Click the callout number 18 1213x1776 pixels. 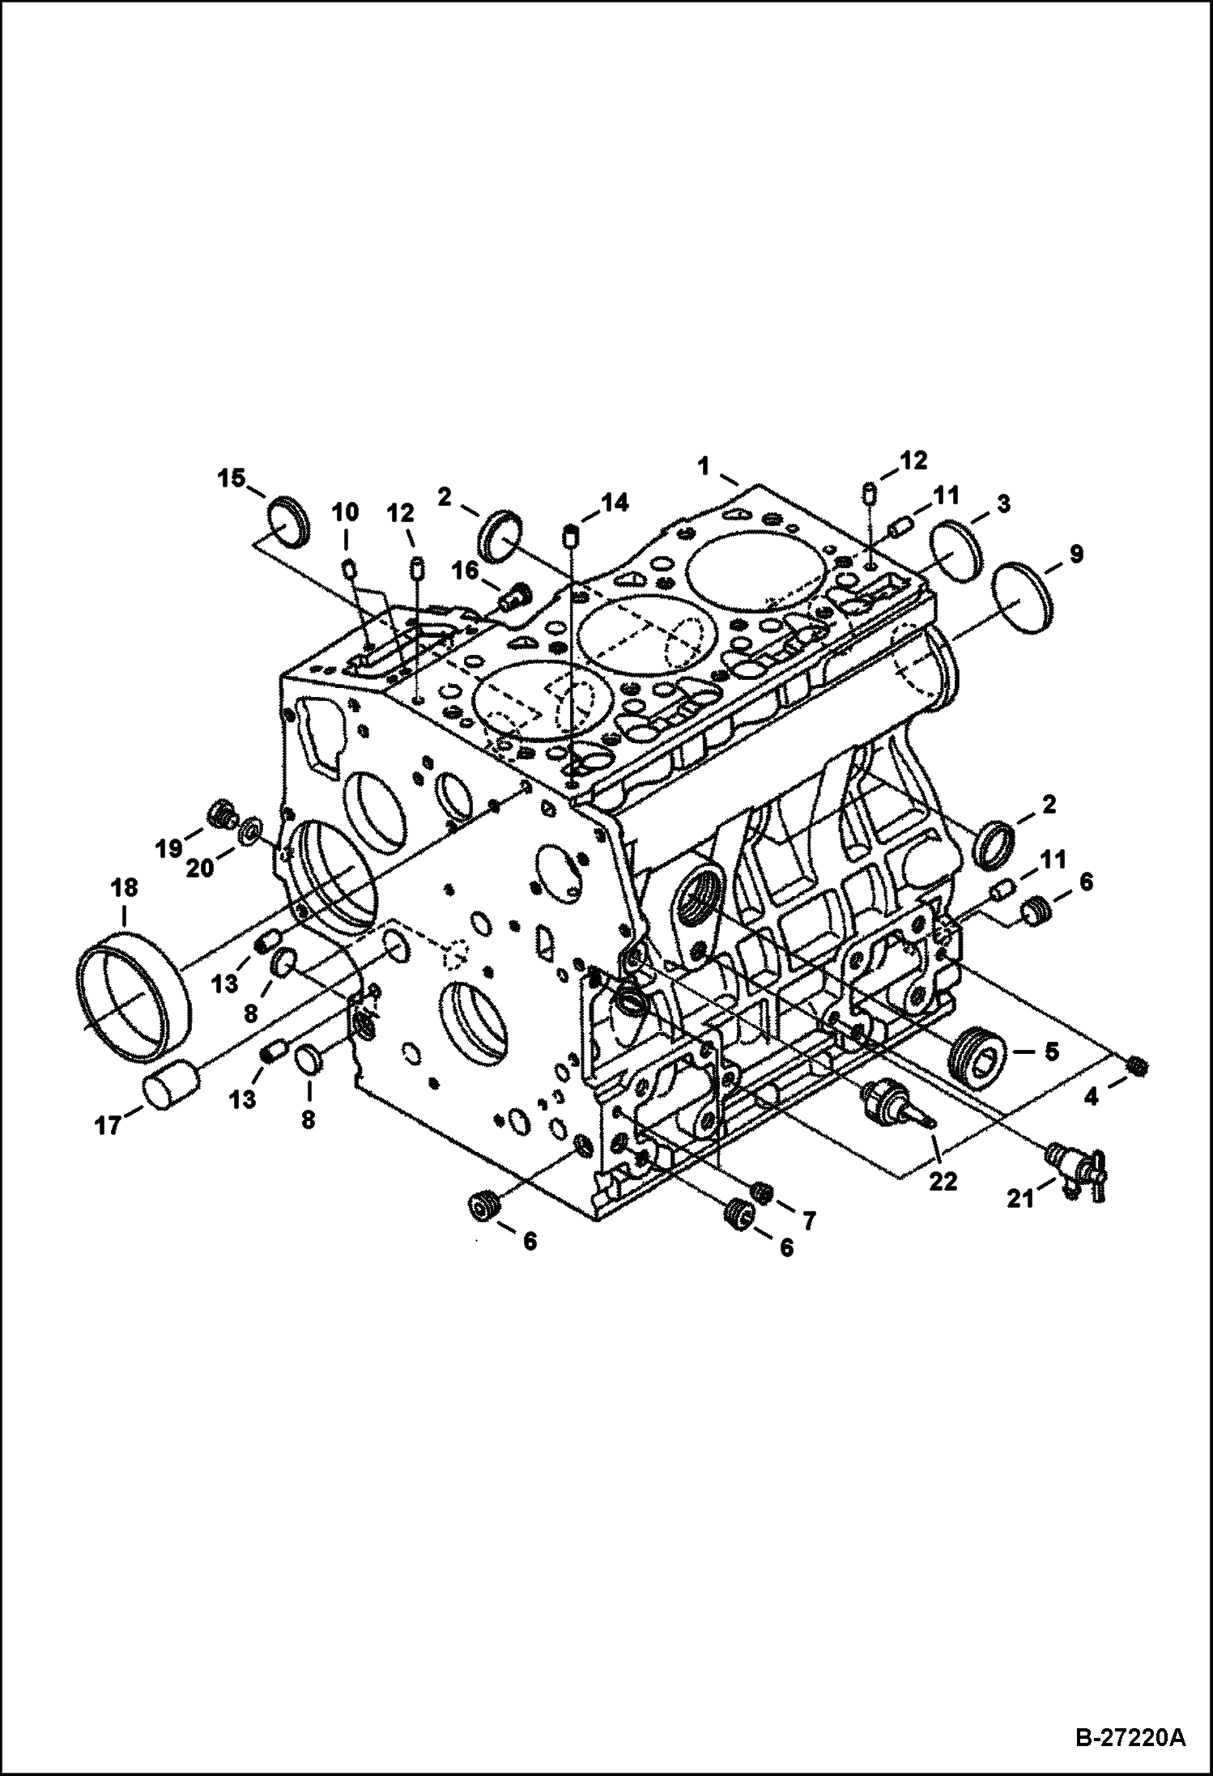124,888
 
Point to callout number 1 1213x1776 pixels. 704,465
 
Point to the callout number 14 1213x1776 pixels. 615,503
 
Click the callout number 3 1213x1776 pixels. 1002,505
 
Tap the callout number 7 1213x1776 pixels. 809,1219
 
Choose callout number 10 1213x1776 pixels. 345,512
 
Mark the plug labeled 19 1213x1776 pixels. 221,814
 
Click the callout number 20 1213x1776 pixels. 200,869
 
